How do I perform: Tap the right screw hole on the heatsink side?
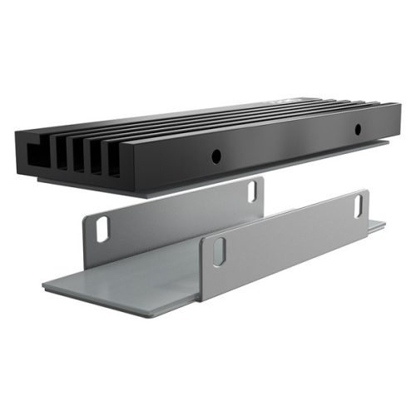358,130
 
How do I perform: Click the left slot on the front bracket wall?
218,251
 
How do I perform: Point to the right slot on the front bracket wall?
361,205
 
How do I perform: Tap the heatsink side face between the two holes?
287,143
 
